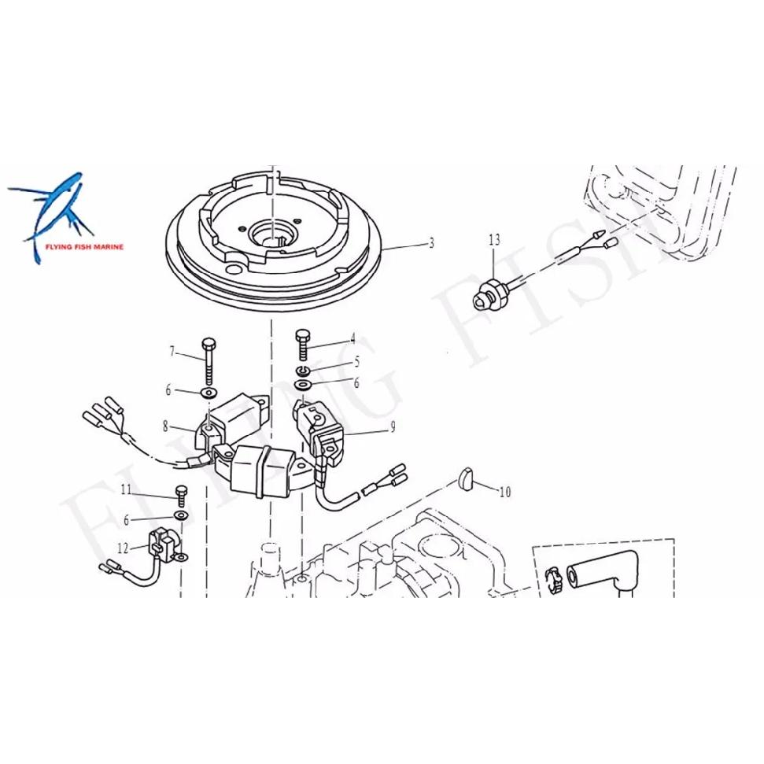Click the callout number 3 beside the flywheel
pos(431,242)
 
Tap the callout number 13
pos(494,240)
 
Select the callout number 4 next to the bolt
pos(352,338)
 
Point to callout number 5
pos(356,361)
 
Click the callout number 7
pos(172,351)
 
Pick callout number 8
pos(166,426)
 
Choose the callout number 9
pos(393,427)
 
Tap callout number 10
pos(505,492)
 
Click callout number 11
pos(126,489)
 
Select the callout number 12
pos(123,548)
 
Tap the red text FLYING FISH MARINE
pos(84,247)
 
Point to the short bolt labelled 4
pos(302,345)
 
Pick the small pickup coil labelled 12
pos(163,544)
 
